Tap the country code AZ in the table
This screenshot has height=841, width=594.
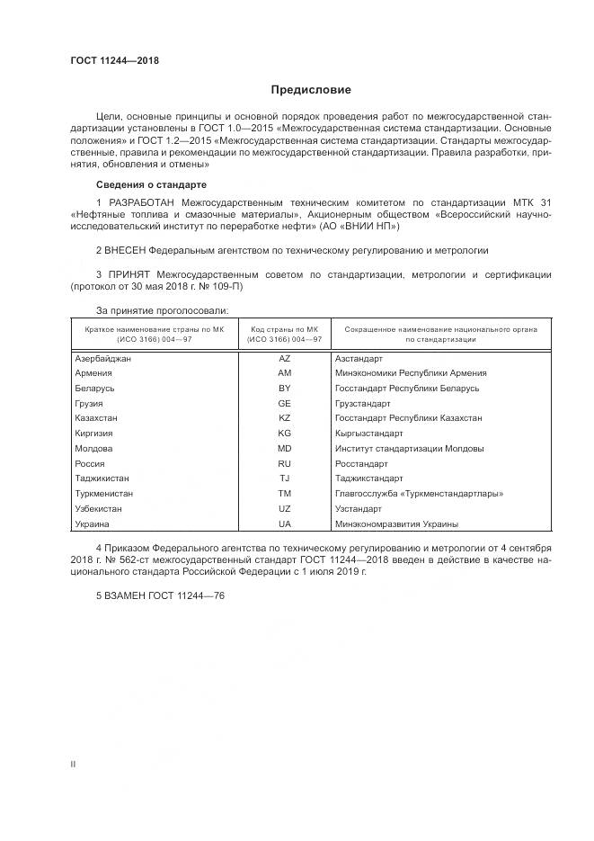(x=285, y=358)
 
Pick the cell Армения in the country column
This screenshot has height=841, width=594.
(x=93, y=373)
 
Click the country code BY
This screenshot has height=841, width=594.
(x=285, y=389)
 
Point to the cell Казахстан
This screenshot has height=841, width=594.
(x=97, y=418)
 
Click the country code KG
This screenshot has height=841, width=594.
(x=285, y=434)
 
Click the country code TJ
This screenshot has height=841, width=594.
(x=285, y=479)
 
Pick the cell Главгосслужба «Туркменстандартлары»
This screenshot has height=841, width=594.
(x=418, y=494)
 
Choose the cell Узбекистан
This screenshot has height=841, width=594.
(x=99, y=509)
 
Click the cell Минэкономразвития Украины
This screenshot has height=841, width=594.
(x=396, y=523)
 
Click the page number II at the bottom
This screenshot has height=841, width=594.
(x=74, y=764)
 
